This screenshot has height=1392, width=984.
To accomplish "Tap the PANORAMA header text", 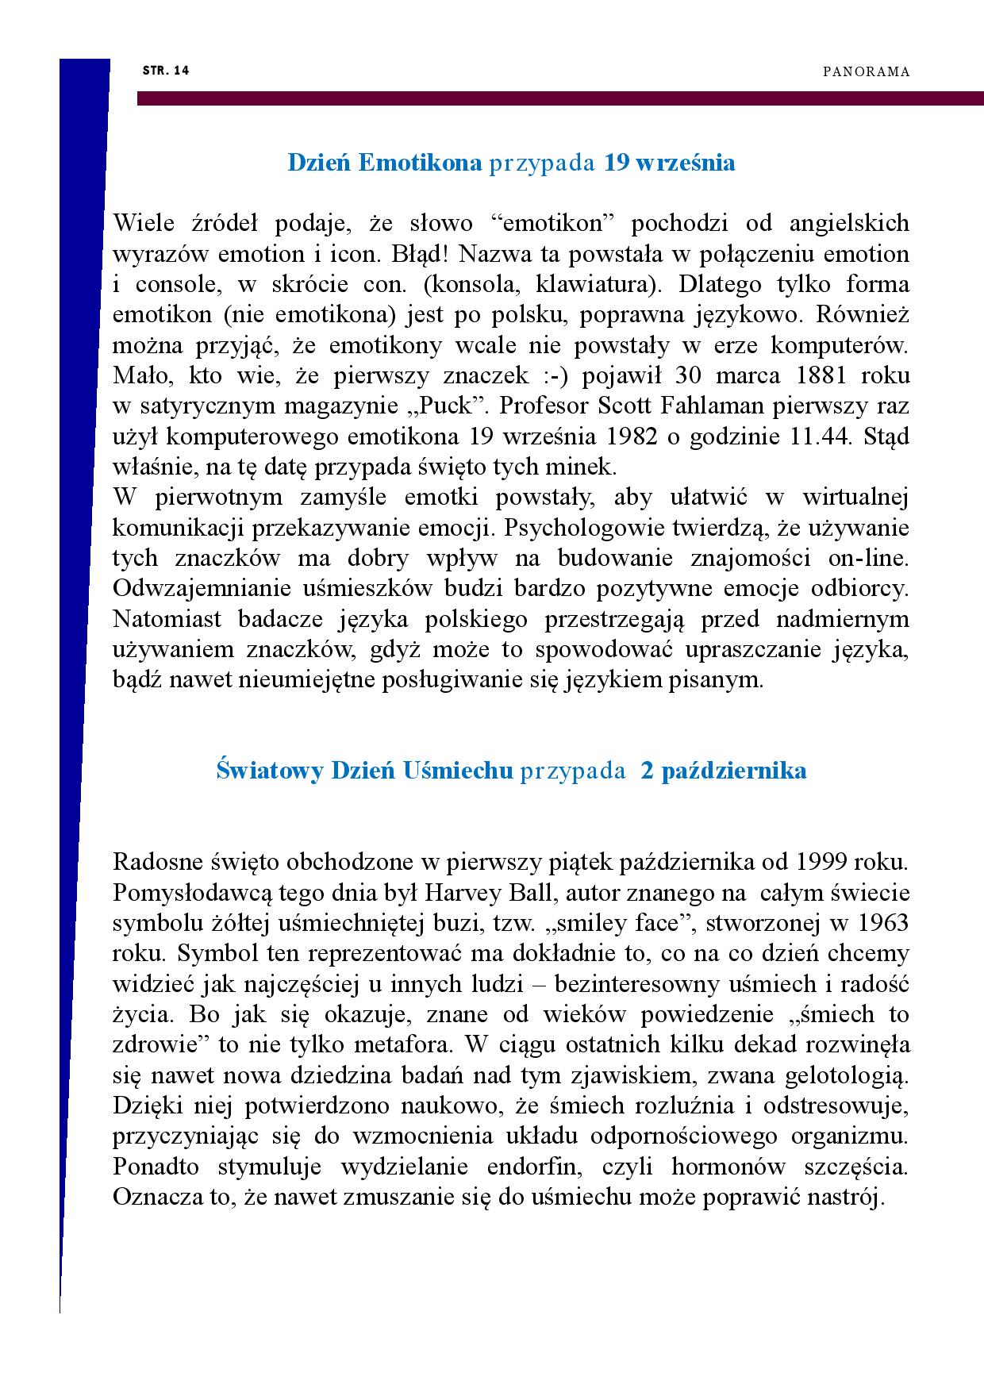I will pos(865,72).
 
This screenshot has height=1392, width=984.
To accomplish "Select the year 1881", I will pos(809,376).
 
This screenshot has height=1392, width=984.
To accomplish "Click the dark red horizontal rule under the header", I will pos(555,98).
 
